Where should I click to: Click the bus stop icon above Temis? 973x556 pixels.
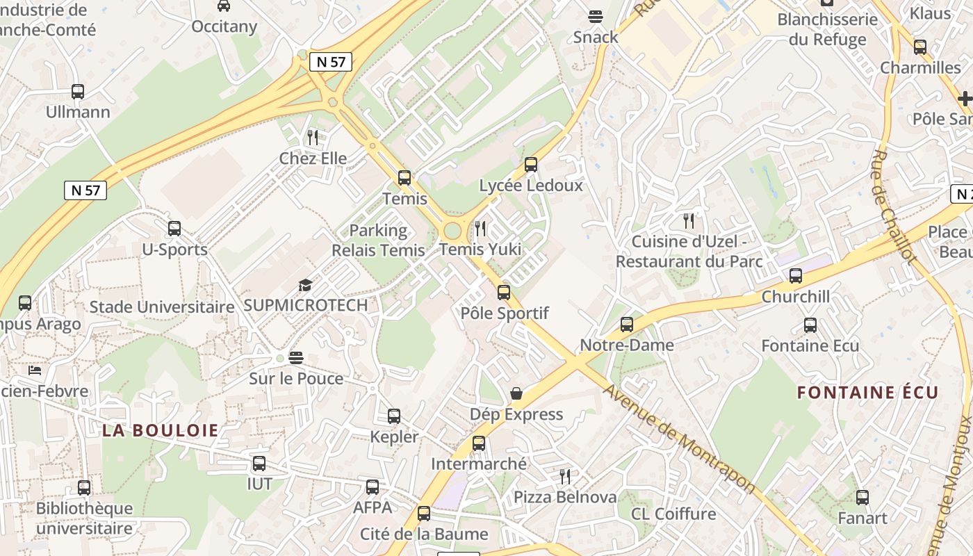pyautogui.click(x=404, y=177)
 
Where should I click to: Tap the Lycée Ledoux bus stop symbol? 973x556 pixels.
pyautogui.click(x=531, y=165)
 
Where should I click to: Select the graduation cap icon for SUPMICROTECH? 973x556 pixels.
pyautogui.click(x=305, y=285)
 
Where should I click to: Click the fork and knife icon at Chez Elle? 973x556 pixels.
pyautogui.click(x=313, y=138)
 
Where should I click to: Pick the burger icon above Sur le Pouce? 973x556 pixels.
pyautogui.click(x=296, y=358)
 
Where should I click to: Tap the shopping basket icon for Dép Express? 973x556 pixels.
pyautogui.click(x=516, y=394)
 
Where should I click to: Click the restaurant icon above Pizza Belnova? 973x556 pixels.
pyautogui.click(x=565, y=476)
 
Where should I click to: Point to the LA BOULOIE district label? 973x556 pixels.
pyautogui.click(x=161, y=430)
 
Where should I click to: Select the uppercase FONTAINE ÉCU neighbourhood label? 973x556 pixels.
pyautogui.click(x=867, y=393)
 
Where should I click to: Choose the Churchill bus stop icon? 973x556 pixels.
pyautogui.click(x=796, y=276)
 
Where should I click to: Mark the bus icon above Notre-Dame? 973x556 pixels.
pyautogui.click(x=627, y=325)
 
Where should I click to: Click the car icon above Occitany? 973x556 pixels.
pyautogui.click(x=224, y=6)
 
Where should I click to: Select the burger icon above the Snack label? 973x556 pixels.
pyautogui.click(x=596, y=16)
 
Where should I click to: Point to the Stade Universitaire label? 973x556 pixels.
pyautogui.click(x=162, y=306)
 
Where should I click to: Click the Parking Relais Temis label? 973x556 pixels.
pyautogui.click(x=378, y=240)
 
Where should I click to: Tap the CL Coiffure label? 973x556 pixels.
pyautogui.click(x=673, y=514)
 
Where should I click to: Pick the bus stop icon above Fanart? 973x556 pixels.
pyautogui.click(x=862, y=497)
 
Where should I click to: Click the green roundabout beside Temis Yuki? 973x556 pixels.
pyautogui.click(x=452, y=231)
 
